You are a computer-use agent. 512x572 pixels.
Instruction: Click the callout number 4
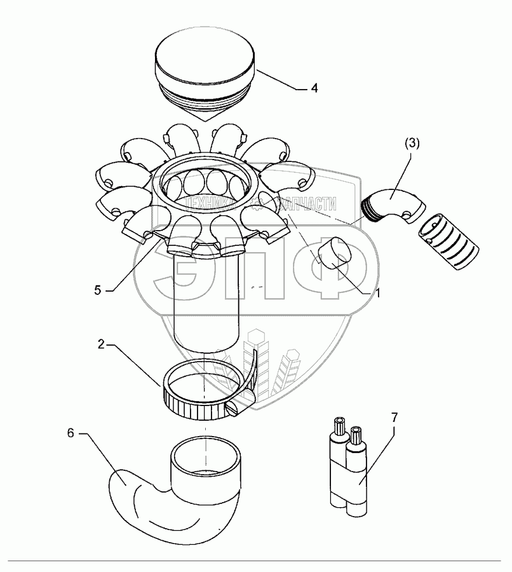click(x=314, y=88)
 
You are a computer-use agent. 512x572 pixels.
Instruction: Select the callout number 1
click(x=377, y=294)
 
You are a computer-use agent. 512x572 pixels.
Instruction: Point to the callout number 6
click(x=71, y=432)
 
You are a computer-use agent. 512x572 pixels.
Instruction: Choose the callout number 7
click(x=394, y=418)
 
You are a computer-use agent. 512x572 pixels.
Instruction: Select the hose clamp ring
click(x=191, y=394)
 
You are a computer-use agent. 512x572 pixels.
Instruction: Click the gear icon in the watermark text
click(x=258, y=204)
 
